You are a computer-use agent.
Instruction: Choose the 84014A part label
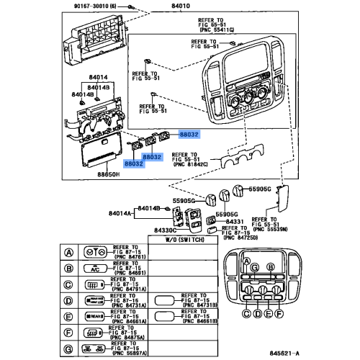coord(121,214)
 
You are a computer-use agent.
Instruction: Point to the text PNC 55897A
coord(130,354)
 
